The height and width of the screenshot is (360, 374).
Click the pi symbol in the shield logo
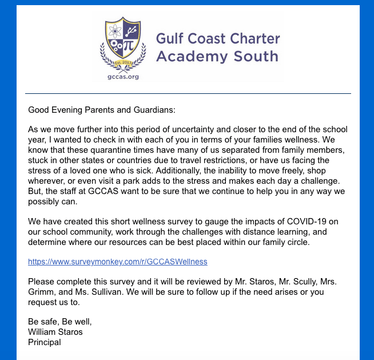pos(129,44)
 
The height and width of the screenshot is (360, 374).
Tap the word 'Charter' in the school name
pos(252,39)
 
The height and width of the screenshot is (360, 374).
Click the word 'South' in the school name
pos(255,56)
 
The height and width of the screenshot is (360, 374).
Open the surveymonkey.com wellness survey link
pos(118,262)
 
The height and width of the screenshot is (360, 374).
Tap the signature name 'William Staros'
pos(55,332)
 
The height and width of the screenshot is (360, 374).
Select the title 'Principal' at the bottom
pos(45,342)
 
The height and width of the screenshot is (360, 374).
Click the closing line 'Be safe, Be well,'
pos(60,322)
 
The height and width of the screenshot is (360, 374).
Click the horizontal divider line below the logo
pos(188,93)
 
